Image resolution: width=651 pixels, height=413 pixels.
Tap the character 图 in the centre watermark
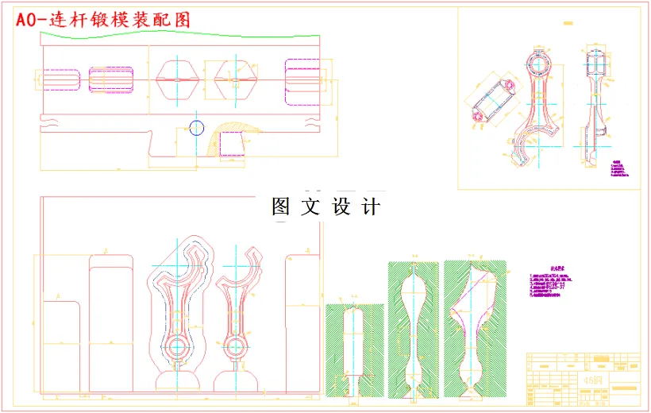(x=283, y=206)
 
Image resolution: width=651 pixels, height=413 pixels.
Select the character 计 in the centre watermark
(x=370, y=206)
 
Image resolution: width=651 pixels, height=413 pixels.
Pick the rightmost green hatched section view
(x=475, y=326)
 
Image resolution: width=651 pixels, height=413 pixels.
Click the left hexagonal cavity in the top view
(x=177, y=80)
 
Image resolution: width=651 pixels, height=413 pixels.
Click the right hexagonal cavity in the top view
(x=235, y=80)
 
